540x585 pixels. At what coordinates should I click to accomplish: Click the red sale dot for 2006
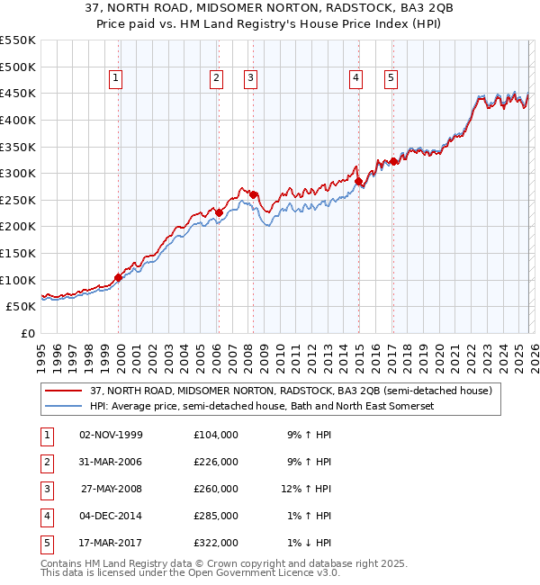(219, 212)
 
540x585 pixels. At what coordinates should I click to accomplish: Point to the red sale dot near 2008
(253, 194)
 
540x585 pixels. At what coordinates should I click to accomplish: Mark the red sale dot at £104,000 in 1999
(118, 277)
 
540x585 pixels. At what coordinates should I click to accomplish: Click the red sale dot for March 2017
(393, 162)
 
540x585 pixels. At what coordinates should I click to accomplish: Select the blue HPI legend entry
(262, 407)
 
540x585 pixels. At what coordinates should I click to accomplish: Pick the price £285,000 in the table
(216, 516)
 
